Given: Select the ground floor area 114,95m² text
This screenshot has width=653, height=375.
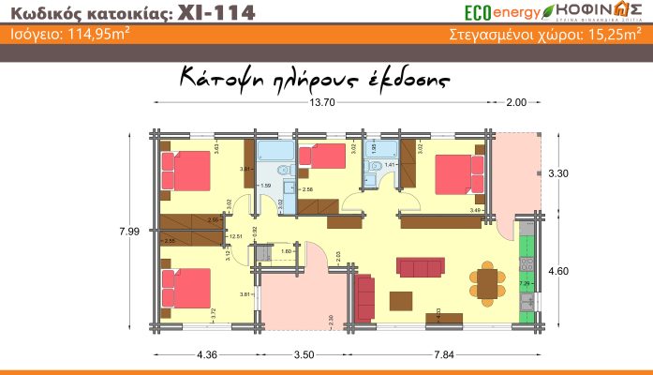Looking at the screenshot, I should coord(82,37).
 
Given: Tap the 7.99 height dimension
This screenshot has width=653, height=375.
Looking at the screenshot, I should coord(128,231).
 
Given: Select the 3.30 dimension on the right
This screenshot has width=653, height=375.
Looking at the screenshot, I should coord(557,174).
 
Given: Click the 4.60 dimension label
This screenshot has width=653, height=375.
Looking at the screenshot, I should coord(557,272).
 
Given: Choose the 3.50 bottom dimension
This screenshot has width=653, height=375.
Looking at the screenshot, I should coord(303,354).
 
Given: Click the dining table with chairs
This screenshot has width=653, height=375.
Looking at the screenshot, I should coord(486,279).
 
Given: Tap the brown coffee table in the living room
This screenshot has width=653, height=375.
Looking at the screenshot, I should coord(402,299).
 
